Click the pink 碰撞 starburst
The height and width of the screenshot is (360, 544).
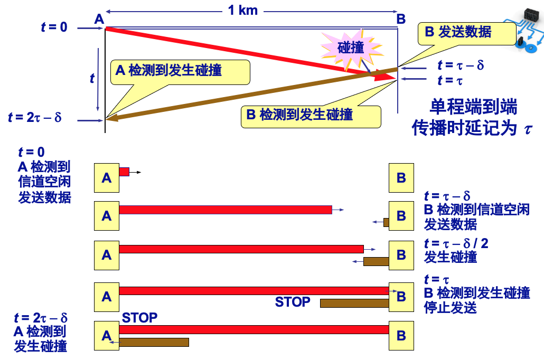tap(351, 48)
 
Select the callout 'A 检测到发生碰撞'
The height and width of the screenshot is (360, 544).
tap(179, 71)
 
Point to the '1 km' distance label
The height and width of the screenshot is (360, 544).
tap(242, 10)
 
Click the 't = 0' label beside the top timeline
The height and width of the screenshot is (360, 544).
tap(54, 27)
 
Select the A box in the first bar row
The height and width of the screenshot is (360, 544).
tap(107, 178)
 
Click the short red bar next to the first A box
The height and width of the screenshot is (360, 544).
tap(124, 172)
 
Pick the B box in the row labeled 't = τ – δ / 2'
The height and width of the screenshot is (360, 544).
tap(401, 255)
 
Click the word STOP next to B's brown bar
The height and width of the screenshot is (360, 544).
tap(293, 302)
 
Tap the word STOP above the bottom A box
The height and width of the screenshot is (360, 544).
tap(139, 318)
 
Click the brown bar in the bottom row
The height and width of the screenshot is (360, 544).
tap(154, 342)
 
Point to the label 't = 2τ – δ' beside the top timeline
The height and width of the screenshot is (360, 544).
tap(35, 117)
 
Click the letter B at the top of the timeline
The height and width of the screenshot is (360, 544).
tap(401, 19)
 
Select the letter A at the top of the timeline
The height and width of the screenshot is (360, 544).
tap(99, 19)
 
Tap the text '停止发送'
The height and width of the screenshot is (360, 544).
tap(451, 307)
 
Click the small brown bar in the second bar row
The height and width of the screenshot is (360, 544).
tap(386, 222)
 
